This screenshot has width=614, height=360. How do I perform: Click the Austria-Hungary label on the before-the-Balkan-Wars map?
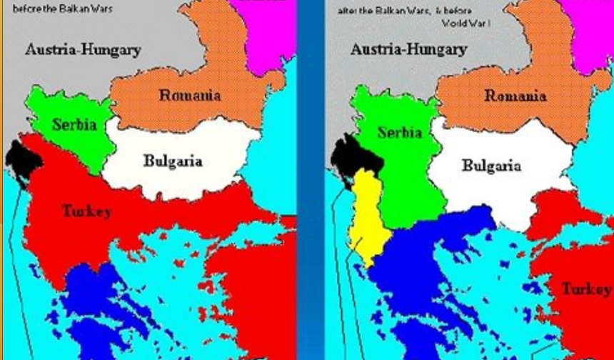(83, 50)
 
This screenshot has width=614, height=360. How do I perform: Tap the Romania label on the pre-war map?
(189, 95)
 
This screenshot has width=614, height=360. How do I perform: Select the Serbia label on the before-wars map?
(74, 124)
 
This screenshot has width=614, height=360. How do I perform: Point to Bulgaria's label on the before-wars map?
(173, 161)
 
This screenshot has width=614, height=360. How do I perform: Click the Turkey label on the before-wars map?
(86, 211)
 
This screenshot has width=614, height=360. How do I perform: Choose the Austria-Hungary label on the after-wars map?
(408, 50)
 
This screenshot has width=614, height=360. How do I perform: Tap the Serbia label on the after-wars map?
(400, 133)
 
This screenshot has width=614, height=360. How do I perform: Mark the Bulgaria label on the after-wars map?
(491, 166)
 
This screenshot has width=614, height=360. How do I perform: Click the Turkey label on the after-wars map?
(585, 289)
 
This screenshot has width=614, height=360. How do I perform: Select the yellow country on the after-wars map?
(366, 214)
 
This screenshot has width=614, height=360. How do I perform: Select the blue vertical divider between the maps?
(311, 179)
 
